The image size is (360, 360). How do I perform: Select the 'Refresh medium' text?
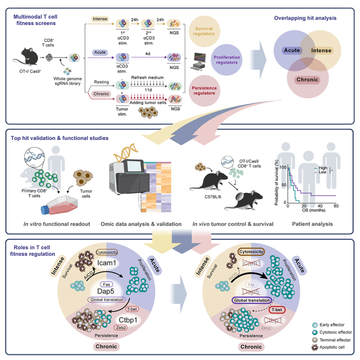tap(146, 76)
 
